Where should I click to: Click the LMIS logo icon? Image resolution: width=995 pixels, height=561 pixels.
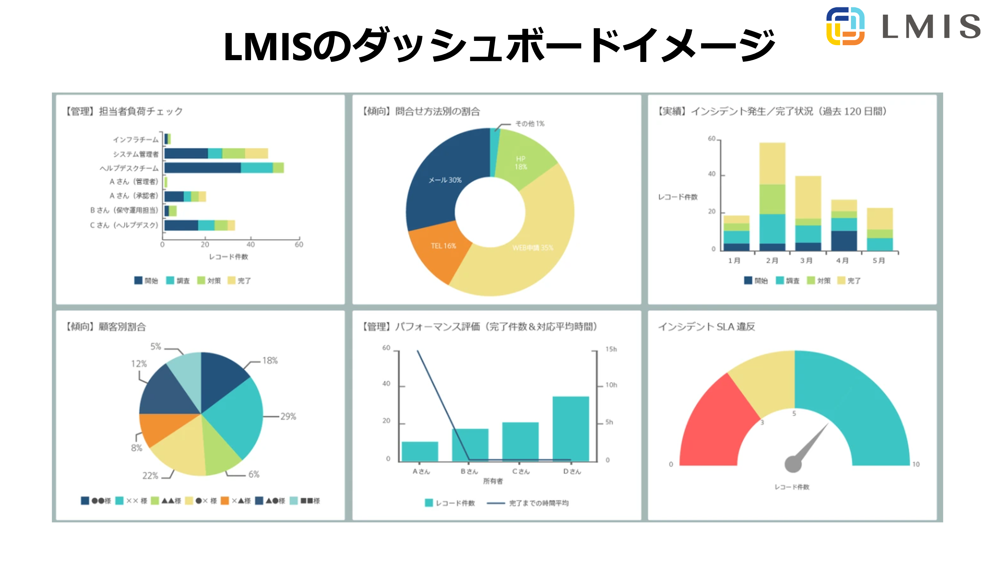pos(845,26)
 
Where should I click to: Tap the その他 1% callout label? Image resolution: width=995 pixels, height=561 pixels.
pos(530,124)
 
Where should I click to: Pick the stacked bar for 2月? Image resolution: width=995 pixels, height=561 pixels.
pos(772,197)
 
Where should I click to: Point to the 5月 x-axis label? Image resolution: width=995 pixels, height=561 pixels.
pos(879,260)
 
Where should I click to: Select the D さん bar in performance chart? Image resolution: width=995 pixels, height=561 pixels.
pos(570,429)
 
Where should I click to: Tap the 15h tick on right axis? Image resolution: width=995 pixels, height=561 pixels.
pos(611,349)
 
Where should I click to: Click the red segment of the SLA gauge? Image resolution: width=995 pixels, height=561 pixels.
pos(714,425)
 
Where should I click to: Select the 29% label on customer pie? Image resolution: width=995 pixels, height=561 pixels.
pos(288,417)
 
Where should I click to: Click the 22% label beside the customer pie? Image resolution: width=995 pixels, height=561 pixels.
pos(150,476)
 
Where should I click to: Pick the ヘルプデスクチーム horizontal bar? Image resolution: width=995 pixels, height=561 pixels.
pos(224,168)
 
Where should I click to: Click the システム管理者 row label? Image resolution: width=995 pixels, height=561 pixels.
pos(136,154)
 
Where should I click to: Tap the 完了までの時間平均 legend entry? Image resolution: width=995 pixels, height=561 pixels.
pos(538,503)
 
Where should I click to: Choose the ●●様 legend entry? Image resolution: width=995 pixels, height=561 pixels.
pos(96,501)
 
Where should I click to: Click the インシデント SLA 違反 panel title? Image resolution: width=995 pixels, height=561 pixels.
pos(706,327)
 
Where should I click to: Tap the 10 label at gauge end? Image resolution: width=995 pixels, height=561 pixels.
pos(916,464)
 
